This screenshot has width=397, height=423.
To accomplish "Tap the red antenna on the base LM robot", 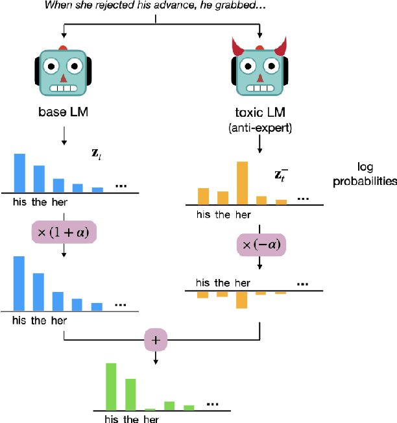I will (63, 48).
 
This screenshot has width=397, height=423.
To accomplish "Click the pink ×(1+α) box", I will (64, 231).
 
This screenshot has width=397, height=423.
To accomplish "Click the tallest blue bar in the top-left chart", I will (19, 173).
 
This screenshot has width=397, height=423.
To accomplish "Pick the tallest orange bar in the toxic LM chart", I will (242, 183).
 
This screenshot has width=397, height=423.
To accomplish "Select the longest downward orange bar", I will (242, 300).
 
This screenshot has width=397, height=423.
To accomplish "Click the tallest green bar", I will (111, 387).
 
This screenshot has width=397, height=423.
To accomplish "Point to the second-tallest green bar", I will (130, 394).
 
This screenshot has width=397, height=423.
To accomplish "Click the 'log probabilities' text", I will (365, 176).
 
